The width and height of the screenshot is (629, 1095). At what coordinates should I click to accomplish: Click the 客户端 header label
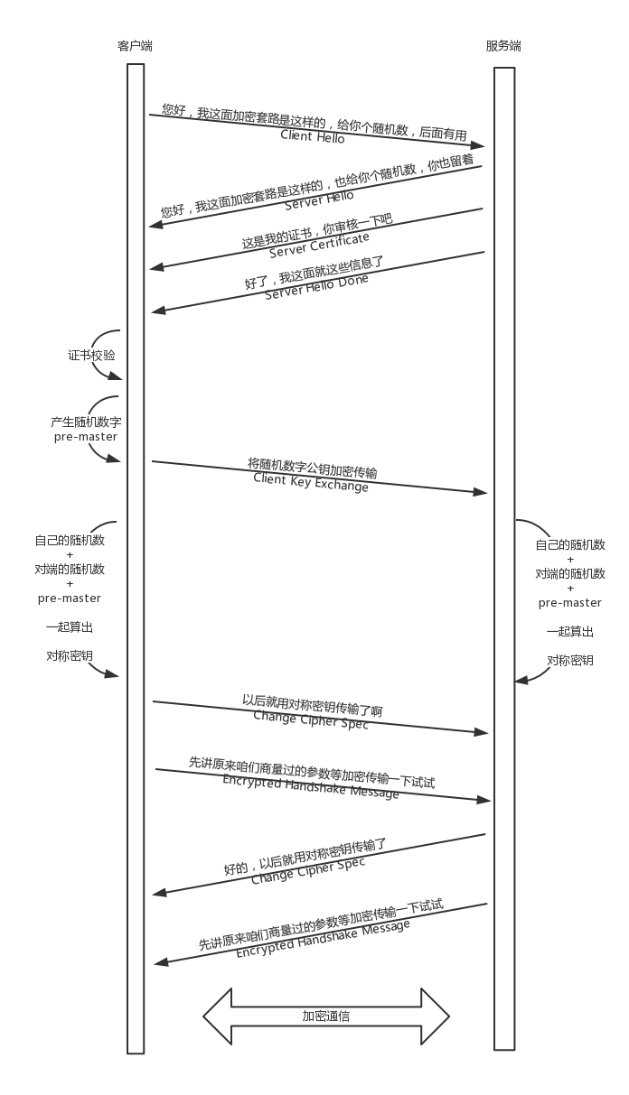click(135, 46)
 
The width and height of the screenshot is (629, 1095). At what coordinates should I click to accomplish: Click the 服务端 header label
click(503, 46)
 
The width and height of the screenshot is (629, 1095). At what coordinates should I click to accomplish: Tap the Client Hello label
click(313, 136)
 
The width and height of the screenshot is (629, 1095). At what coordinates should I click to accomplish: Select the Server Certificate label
click(319, 246)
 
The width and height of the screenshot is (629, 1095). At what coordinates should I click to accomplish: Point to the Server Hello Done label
click(316, 287)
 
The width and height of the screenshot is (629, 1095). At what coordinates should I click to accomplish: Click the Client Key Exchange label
click(311, 482)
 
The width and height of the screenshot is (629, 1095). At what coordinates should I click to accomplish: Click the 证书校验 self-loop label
click(91, 356)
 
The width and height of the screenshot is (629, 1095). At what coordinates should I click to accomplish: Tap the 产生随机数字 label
click(86, 422)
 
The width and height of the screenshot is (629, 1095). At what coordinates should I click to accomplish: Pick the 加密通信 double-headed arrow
click(326, 1016)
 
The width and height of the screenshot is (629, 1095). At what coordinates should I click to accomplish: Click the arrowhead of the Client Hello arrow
click(478, 145)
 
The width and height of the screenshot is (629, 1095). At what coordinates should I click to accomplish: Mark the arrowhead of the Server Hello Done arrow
click(158, 311)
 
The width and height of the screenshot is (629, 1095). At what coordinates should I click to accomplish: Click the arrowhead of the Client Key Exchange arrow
click(481, 492)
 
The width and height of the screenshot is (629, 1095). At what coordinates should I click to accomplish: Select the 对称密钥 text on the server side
click(570, 661)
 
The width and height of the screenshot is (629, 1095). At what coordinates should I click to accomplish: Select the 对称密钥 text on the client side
click(70, 655)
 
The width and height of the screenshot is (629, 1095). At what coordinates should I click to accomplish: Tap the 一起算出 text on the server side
click(570, 632)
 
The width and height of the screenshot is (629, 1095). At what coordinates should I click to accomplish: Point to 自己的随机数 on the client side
click(70, 540)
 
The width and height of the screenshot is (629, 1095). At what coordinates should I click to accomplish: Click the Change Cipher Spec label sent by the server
click(308, 871)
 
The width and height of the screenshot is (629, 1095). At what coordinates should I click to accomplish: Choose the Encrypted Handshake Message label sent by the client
click(311, 786)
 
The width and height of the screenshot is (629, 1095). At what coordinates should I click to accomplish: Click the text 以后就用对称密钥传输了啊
click(313, 705)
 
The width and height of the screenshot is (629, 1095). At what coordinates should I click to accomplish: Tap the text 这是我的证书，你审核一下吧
click(317, 231)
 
